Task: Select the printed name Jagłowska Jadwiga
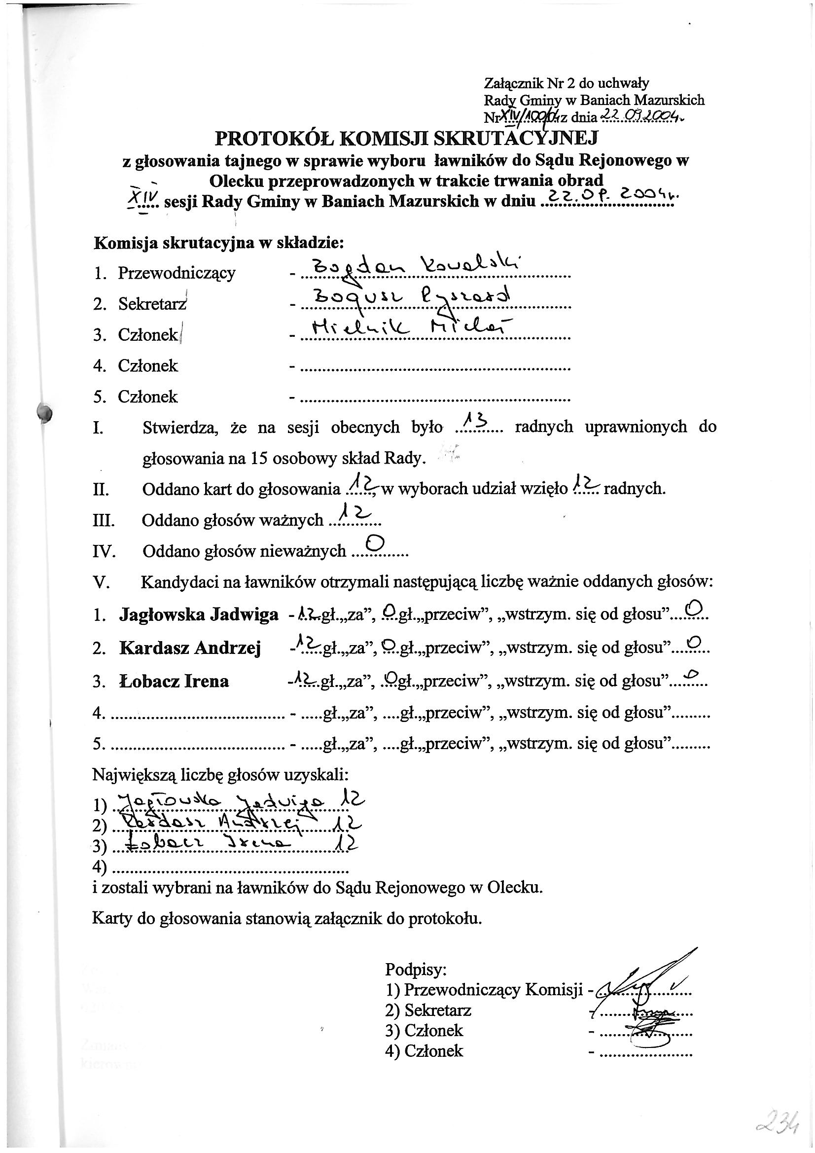click(x=199, y=615)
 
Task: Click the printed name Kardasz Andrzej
click(x=190, y=649)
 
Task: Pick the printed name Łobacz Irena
click(x=174, y=682)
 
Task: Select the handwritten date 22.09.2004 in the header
click(x=640, y=116)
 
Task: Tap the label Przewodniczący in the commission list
click(x=176, y=274)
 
